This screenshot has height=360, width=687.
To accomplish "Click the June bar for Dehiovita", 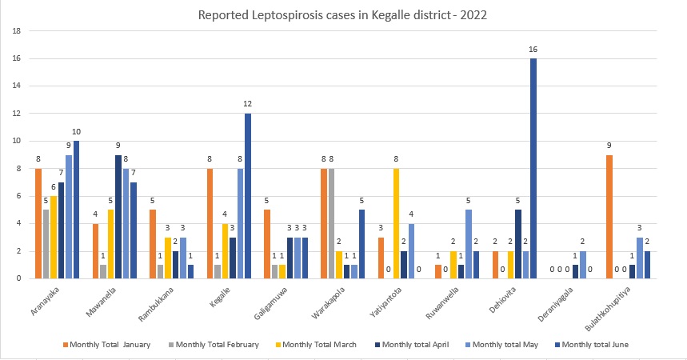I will [x=533, y=168].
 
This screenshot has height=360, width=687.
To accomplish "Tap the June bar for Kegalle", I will [x=248, y=195].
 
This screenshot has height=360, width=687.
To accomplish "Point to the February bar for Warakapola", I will [x=330, y=222].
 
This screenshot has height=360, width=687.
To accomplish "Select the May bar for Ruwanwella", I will [x=468, y=243].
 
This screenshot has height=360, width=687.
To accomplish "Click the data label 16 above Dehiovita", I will [x=533, y=50].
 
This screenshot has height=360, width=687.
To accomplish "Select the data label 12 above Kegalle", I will [x=248, y=105].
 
